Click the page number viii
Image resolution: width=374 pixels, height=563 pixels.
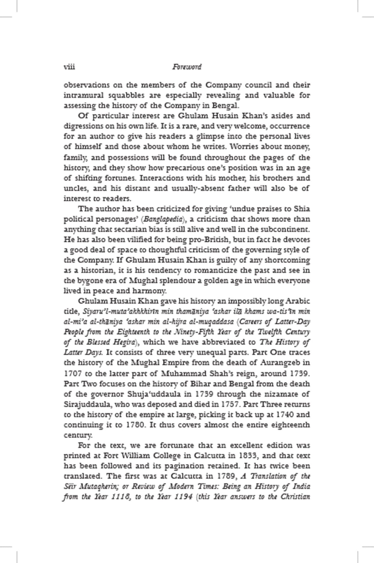click(69, 67)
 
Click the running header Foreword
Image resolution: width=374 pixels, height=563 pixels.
click(187, 67)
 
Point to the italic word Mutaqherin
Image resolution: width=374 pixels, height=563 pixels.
click(97, 486)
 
